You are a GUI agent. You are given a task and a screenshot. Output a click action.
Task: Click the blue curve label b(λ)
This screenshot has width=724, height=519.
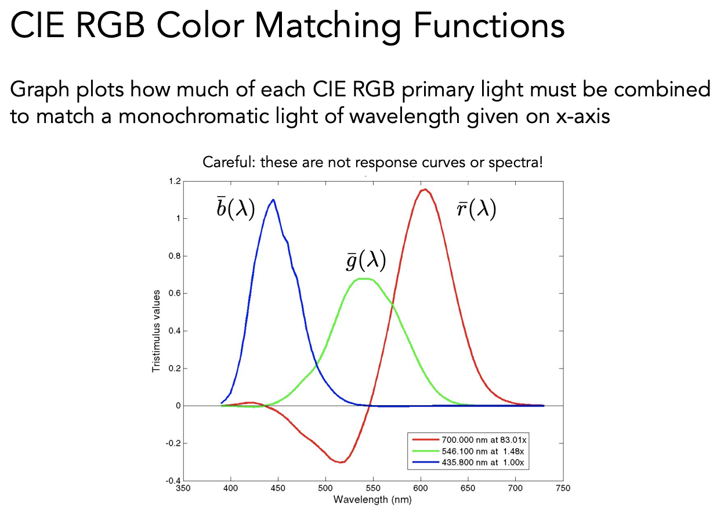click(236, 208)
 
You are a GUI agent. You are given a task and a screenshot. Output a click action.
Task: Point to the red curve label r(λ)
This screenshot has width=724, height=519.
click(476, 210)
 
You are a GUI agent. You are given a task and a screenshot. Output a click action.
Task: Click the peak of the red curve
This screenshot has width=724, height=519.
click(425, 189)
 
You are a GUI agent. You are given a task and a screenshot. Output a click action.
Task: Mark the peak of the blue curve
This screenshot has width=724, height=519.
click(273, 200)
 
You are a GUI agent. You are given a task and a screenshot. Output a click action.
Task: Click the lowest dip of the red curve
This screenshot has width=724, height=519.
click(342, 462)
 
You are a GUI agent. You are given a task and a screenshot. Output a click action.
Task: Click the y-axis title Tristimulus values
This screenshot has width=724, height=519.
click(156, 331)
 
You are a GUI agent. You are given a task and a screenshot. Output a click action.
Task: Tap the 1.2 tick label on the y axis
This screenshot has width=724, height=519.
click(175, 182)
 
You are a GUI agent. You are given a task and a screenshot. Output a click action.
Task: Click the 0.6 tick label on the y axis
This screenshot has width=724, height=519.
click(175, 294)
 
